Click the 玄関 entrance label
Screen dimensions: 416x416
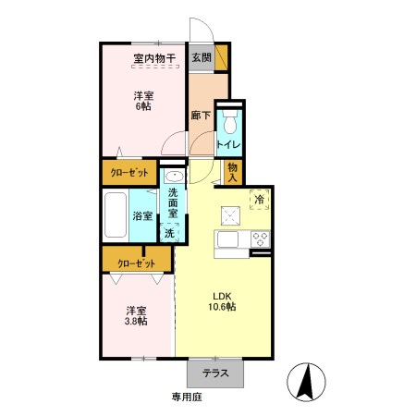[x=202, y=57]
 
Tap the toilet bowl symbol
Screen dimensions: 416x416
[x=230, y=122]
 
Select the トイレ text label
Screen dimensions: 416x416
[x=228, y=144]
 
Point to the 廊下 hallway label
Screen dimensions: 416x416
[x=201, y=116]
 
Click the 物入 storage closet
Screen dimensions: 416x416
[x=233, y=173]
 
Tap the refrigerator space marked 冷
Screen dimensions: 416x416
[x=260, y=200]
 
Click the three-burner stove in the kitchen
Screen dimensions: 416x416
[x=261, y=239]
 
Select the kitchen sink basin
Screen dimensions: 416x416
[x=227, y=239]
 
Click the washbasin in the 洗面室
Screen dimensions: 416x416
[x=175, y=177]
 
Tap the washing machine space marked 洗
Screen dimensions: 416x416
[x=169, y=233]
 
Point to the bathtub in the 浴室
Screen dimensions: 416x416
[x=116, y=215]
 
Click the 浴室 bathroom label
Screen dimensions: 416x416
[x=142, y=215]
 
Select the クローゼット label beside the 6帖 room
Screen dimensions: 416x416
[x=129, y=173]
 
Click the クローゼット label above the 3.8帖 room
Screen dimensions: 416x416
[x=137, y=263]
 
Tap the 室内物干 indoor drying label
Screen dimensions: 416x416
[x=154, y=58]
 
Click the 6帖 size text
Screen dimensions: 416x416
[x=143, y=106]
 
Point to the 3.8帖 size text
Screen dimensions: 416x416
[x=136, y=321]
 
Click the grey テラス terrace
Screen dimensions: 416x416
[x=215, y=373]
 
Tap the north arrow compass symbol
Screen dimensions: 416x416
[x=306, y=382]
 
